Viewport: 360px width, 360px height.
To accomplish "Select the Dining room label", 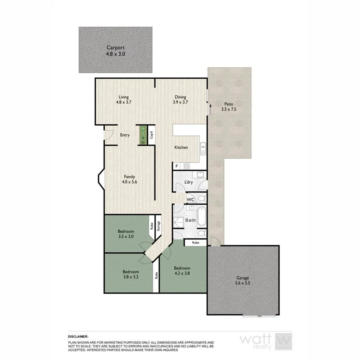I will tap(180, 96).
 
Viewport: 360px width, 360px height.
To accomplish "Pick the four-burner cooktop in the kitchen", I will tap(186, 166).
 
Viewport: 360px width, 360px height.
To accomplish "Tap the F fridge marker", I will tap(176, 166).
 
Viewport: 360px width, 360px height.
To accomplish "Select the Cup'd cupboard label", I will tap(152, 135).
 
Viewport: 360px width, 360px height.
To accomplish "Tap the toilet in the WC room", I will tap(202, 198).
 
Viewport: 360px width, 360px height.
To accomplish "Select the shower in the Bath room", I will tap(179, 222).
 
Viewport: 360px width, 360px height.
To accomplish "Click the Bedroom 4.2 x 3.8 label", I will tap(182, 271).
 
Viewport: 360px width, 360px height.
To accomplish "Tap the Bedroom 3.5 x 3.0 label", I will tap(126, 234).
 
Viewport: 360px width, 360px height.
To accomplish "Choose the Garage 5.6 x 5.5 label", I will tap(242, 280).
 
